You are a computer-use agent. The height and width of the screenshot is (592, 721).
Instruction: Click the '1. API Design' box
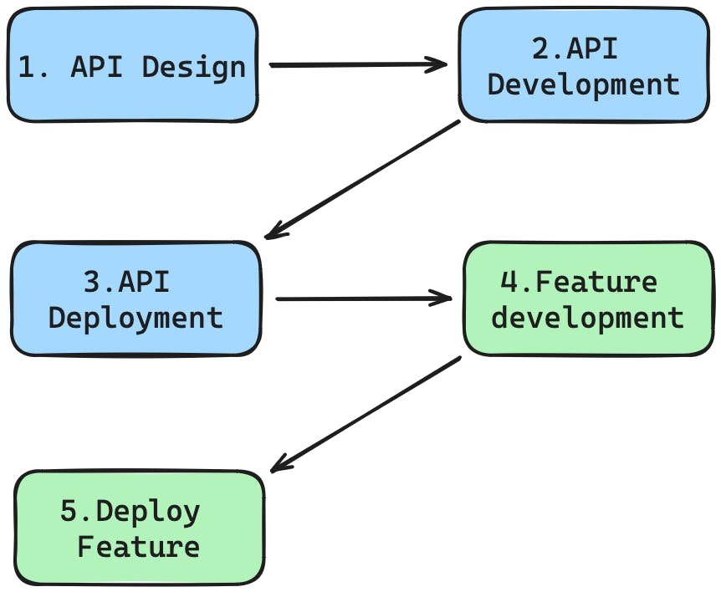tap(132, 66)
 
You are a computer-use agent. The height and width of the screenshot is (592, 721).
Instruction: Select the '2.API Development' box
tap(583, 66)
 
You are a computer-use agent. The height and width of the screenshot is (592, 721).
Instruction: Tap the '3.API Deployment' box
tap(136, 299)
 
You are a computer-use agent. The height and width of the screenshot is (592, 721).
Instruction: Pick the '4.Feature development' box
tap(588, 299)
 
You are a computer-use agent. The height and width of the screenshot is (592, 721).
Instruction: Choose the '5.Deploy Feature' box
tap(140, 528)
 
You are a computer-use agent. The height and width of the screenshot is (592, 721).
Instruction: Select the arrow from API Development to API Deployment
tap(361, 180)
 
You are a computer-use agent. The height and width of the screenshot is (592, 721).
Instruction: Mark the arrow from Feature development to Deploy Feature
tap(366, 414)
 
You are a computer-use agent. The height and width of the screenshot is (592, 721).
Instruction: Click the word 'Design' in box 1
tap(194, 67)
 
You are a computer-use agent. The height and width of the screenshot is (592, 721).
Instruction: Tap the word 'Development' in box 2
tap(583, 85)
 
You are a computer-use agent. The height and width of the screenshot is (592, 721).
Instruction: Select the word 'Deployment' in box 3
tap(136, 319)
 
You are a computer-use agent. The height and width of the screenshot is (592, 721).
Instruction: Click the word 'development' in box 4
tap(587, 319)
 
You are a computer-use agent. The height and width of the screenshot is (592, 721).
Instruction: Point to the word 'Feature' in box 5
tap(139, 548)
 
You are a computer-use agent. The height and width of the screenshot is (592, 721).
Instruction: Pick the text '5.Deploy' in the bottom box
tap(130, 512)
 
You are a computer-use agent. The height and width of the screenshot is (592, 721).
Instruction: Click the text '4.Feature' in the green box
tap(579, 283)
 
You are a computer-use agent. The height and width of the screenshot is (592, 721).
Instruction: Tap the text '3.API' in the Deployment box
tap(126, 283)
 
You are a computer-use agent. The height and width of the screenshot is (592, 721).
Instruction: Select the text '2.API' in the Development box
tap(575, 49)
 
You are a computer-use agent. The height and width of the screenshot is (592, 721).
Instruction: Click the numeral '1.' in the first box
tap(33, 67)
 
